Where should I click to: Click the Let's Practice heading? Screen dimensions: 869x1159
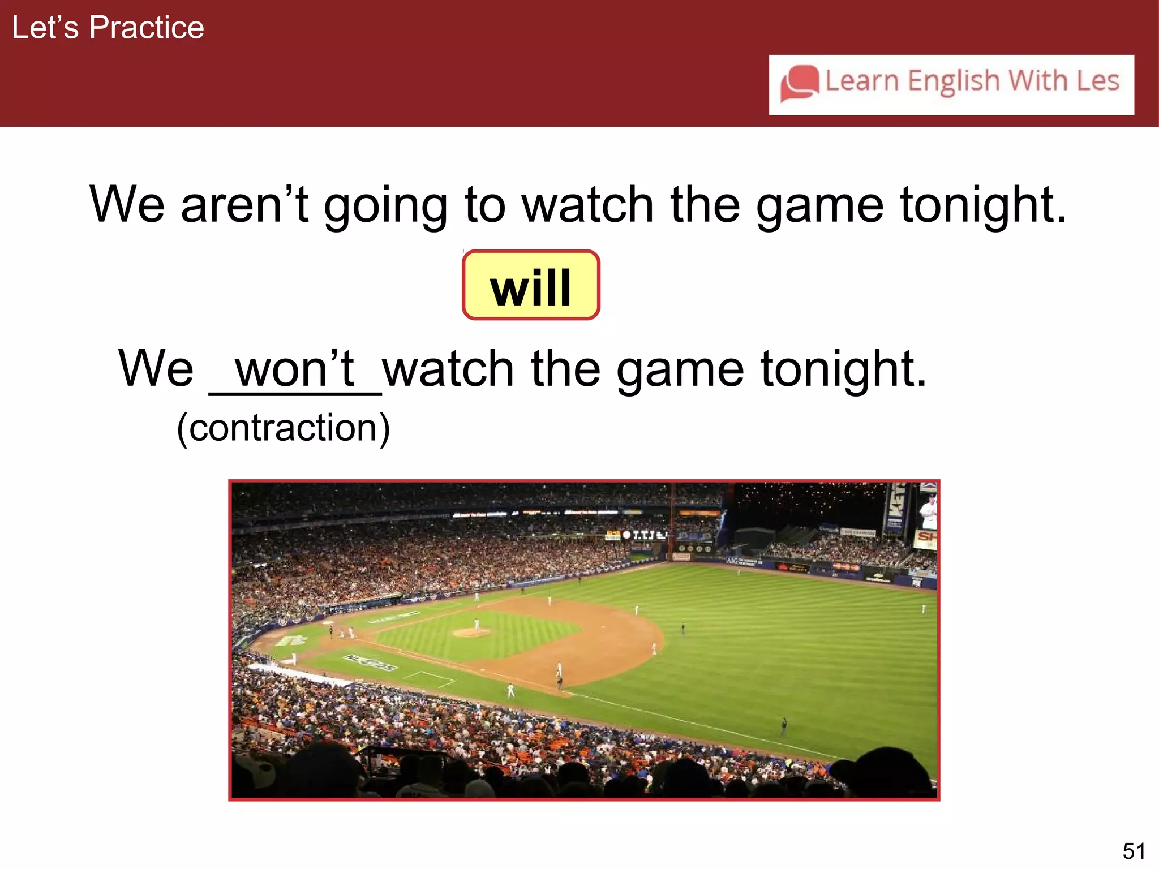click(108, 28)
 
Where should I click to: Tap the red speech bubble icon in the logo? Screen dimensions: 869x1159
click(799, 83)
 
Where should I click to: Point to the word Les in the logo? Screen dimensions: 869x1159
click(1098, 80)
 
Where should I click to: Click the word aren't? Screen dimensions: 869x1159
click(244, 205)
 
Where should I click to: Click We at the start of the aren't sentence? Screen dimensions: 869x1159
click(127, 205)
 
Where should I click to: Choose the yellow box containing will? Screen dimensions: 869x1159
click(531, 286)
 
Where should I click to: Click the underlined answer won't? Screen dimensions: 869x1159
click(295, 369)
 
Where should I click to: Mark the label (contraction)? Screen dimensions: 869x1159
click(283, 428)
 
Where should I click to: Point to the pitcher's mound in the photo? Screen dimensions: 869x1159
click(471, 632)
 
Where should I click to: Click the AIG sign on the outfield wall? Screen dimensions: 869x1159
click(732, 561)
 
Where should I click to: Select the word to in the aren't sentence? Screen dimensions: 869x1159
click(484, 205)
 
